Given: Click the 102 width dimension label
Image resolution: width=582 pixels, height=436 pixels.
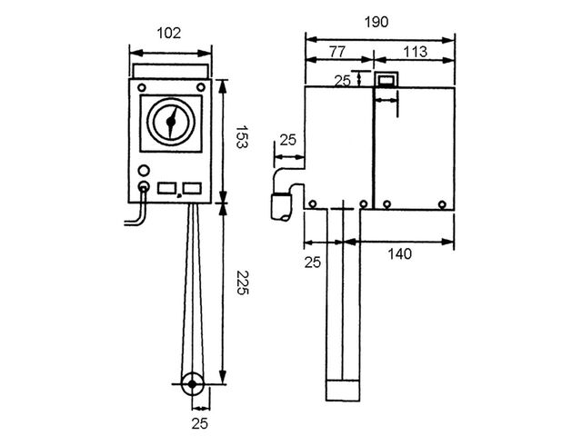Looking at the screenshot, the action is tap(169, 33).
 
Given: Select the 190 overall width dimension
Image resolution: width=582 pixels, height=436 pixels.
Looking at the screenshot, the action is tap(376, 22).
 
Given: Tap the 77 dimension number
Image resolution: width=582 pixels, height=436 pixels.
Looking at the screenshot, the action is tap(337, 51).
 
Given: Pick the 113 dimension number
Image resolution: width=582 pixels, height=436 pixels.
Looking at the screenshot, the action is tap(415, 52).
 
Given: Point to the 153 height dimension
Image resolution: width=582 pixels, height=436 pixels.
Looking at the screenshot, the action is tap(242, 137).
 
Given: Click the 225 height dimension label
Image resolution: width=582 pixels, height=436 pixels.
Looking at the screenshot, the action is tap(242, 282).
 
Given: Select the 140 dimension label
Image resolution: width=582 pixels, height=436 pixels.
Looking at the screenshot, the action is tap(400, 254).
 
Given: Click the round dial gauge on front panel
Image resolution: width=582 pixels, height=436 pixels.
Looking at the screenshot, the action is tap(171, 122).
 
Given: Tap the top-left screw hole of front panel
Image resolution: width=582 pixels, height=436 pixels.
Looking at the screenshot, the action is tap(142, 88).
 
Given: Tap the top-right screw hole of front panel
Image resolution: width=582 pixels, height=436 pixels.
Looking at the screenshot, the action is tap(200, 87).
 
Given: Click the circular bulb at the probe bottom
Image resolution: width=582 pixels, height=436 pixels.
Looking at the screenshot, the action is tap(192, 384).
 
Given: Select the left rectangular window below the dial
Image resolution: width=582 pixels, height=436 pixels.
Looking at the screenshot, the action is tap(166, 188).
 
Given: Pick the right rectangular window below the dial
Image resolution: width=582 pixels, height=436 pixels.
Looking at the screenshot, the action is tap(192, 188).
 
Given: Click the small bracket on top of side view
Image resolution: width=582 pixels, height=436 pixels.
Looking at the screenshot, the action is tap(386, 79).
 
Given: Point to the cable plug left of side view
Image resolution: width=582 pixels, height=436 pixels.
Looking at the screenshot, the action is tap(282, 207).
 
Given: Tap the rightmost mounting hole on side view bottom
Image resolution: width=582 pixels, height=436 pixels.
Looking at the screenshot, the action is tap(442, 203).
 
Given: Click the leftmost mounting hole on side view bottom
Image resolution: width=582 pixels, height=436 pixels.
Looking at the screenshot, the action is tap(313, 203).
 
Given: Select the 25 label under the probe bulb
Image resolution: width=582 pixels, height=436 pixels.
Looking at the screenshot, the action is tap(200, 423).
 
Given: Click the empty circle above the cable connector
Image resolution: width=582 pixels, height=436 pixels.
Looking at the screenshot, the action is tap(144, 171).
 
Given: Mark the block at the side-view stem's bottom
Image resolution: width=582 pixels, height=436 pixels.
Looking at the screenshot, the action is tap(343, 391).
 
